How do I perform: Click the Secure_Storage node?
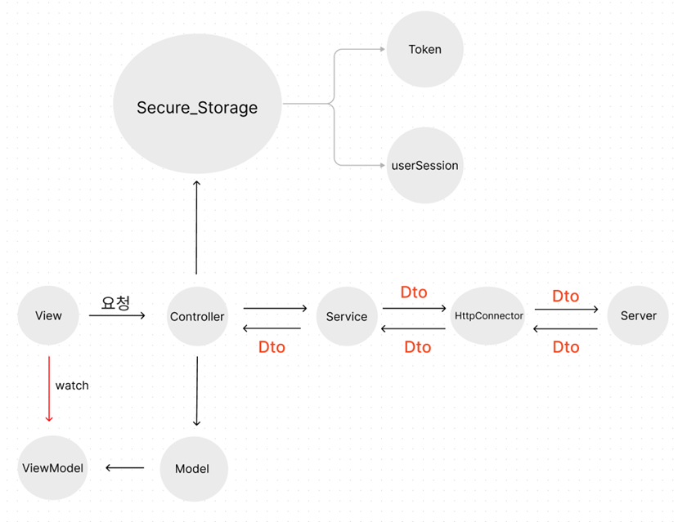(x=196, y=106)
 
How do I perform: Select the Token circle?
(x=424, y=49)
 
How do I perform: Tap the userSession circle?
(x=424, y=165)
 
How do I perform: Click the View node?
(x=48, y=316)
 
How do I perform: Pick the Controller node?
(x=197, y=317)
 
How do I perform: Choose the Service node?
(x=347, y=317)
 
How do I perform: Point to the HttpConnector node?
(x=488, y=316)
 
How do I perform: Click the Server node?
(x=638, y=316)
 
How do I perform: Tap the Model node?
(x=192, y=468)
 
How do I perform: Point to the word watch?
(x=72, y=385)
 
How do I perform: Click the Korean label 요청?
(x=115, y=303)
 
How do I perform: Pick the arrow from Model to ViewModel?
(x=124, y=468)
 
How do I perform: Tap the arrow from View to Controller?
(x=116, y=315)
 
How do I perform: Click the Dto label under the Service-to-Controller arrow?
(x=272, y=347)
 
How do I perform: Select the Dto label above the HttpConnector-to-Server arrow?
(x=565, y=296)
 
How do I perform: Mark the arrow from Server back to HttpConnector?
(x=565, y=329)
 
